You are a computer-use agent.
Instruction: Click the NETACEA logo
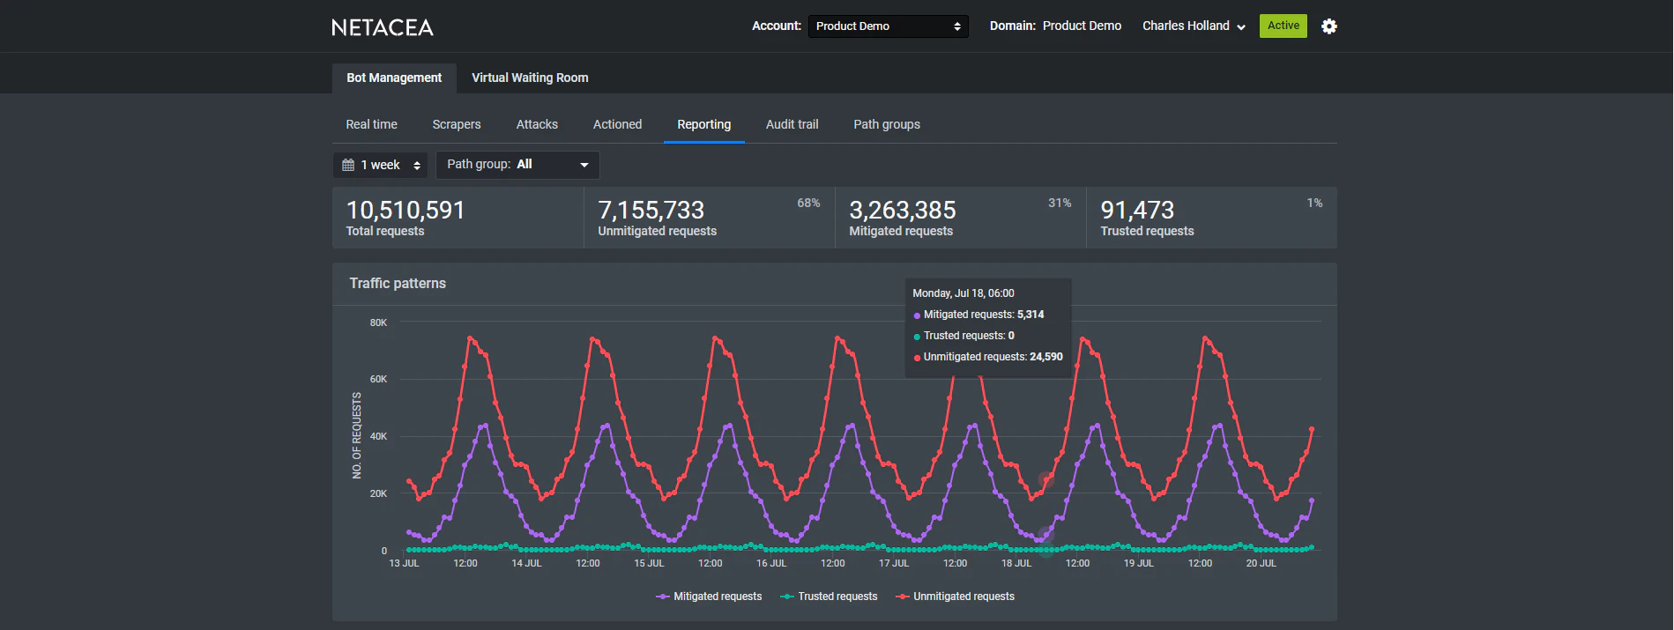(x=383, y=27)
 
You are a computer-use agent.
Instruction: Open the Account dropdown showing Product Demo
(x=888, y=26)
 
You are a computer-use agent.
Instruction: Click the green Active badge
(x=1283, y=26)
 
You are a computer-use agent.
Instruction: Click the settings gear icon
(x=1328, y=26)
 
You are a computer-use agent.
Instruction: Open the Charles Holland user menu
(x=1194, y=26)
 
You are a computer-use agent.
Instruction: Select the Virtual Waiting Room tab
(x=530, y=78)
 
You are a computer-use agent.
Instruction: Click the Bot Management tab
(x=394, y=78)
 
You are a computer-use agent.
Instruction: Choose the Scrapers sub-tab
(x=457, y=124)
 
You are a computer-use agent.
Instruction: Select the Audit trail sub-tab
(x=792, y=124)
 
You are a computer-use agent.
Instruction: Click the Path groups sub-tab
(x=886, y=124)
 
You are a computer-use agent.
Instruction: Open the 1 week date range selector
(x=381, y=165)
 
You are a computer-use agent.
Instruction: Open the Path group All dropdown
(x=517, y=165)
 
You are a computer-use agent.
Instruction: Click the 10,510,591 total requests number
(x=405, y=211)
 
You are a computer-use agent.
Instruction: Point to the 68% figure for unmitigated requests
(x=808, y=204)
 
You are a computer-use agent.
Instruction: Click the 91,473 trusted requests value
(x=1137, y=211)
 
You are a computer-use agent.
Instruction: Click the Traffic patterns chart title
(x=398, y=284)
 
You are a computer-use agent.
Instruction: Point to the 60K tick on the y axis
(x=378, y=380)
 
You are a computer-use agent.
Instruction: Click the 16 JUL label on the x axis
(x=771, y=563)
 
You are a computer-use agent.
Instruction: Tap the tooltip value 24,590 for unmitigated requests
(x=1045, y=357)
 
